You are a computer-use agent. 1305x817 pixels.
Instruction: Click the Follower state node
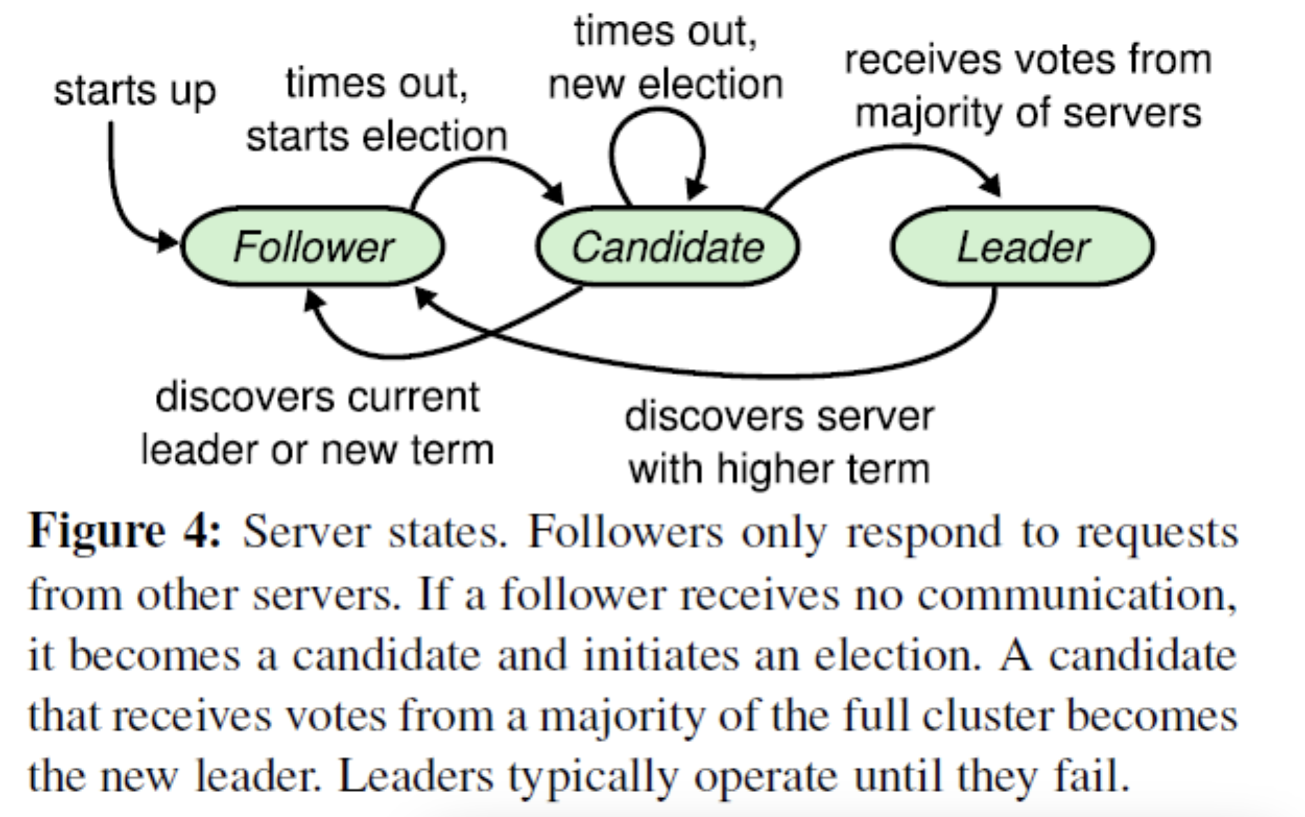pos(313,246)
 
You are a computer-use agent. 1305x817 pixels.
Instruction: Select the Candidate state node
pos(667,246)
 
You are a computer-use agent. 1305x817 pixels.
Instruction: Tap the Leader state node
pos(1022,246)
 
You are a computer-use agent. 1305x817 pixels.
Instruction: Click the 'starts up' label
pos(134,90)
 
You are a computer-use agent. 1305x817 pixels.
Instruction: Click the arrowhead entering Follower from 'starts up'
pos(169,241)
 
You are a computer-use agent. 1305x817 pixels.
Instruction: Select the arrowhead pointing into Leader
pos(992,184)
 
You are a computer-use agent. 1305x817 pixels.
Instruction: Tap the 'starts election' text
pos(377,136)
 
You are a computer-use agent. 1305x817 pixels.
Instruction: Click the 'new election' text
pos(666,84)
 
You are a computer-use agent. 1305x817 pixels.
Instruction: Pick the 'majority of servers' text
pos(1028,113)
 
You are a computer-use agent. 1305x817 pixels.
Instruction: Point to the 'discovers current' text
pos(318,397)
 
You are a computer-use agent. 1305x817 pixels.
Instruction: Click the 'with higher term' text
pos(779,468)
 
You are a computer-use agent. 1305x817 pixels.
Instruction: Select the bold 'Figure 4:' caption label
pos(124,532)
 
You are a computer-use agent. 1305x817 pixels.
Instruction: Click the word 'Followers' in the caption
pos(625,533)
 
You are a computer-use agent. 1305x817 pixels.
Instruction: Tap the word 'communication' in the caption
pos(1077,596)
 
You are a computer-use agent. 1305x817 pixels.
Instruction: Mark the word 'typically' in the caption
pos(593,777)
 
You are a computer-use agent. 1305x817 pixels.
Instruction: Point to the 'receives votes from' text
pos(1028,60)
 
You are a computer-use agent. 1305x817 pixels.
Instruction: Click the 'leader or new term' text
pos(318,450)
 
